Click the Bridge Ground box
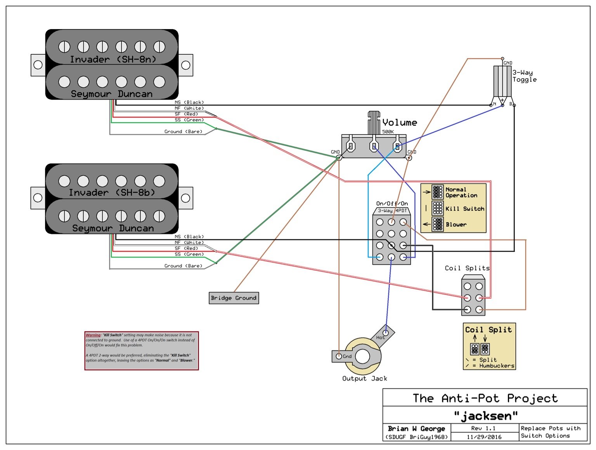click(234, 298)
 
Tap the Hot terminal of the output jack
click(385, 333)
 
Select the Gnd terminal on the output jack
click(339, 356)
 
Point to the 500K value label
click(388, 132)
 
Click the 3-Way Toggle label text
click(524, 76)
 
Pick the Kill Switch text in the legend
click(464, 209)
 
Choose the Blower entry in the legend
click(456, 225)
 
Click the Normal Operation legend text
click(461, 192)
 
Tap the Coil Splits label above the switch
click(467, 268)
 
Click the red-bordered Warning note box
click(142, 351)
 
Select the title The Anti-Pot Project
click(485, 398)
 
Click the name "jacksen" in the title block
click(486, 416)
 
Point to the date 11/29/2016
click(484, 437)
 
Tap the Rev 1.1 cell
click(483, 428)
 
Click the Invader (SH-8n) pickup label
click(113, 59)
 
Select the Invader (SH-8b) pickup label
click(112, 193)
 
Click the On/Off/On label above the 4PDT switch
click(392, 204)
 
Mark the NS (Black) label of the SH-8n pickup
click(189, 102)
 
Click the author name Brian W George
click(416, 429)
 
